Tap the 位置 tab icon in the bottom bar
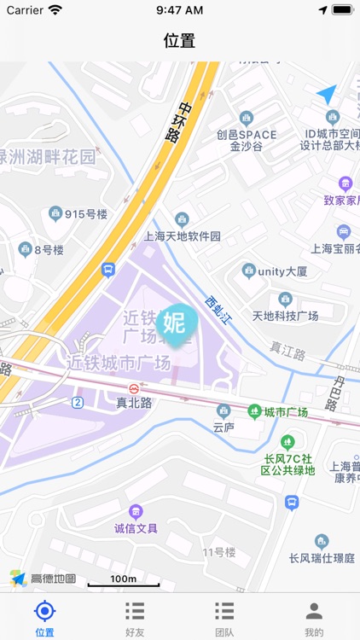tap(45, 611)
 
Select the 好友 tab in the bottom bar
tap(135, 611)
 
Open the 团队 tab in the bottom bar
tap(224, 611)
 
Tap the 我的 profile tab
tap(314, 611)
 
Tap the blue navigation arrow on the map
tap(327, 94)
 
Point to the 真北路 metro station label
tap(134, 403)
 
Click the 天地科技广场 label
tap(285, 316)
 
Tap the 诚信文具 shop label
tap(136, 528)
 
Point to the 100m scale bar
tap(124, 581)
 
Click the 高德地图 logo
tap(44, 579)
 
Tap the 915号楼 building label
tap(84, 213)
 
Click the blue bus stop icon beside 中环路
tap(108, 270)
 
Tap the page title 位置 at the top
tap(179, 40)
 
